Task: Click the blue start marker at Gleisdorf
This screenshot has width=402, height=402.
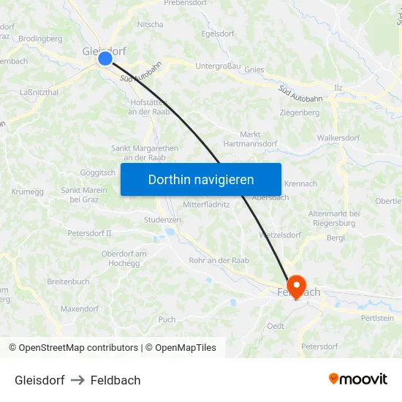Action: (x=105, y=58)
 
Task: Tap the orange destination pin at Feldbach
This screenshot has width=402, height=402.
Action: (x=296, y=285)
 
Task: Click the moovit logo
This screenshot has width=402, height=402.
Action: (x=357, y=379)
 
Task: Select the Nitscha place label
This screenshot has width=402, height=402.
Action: (x=151, y=24)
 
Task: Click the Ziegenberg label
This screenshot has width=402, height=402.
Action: (x=300, y=113)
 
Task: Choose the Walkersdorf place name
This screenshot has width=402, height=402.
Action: (x=338, y=137)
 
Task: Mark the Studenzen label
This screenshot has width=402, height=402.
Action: (x=162, y=219)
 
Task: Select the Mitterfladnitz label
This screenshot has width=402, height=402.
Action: (x=206, y=205)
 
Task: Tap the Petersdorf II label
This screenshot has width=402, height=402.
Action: (x=89, y=233)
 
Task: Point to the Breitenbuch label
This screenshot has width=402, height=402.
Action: (x=68, y=281)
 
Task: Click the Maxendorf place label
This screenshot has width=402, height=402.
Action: (x=80, y=308)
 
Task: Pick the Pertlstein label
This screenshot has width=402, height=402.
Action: (x=377, y=318)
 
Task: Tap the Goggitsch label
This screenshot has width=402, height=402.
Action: (x=99, y=173)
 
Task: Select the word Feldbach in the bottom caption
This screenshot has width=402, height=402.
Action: (x=115, y=380)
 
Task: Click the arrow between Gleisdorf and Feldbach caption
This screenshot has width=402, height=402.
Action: (x=77, y=380)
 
